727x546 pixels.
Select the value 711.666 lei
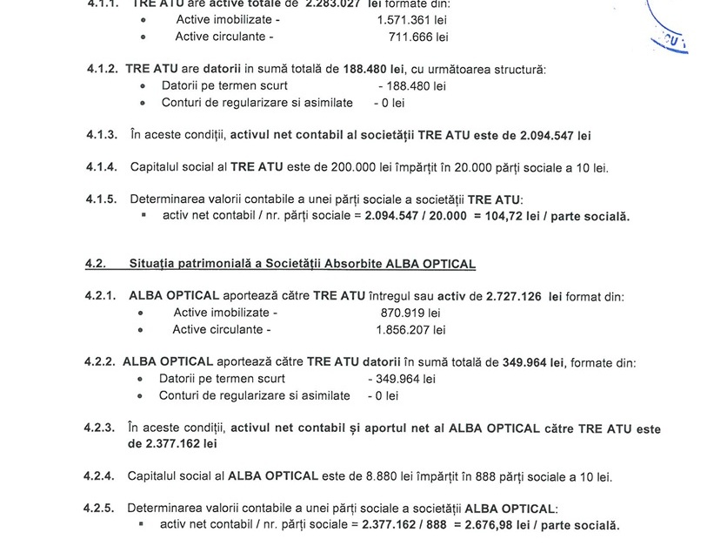[418, 37]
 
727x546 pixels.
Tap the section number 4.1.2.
[101, 69]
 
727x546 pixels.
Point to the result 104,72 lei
[518, 216]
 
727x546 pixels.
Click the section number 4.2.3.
[100, 428]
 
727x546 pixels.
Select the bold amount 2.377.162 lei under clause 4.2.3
[172, 444]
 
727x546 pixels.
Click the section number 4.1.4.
[102, 167]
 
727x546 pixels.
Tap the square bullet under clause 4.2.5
[143, 525]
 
